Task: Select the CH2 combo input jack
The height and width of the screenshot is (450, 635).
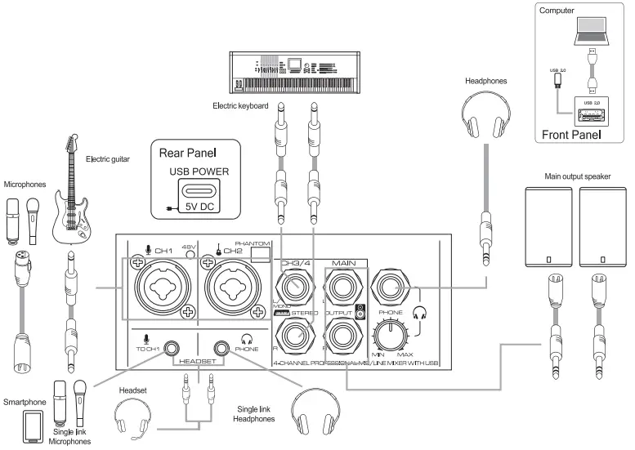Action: click(232, 288)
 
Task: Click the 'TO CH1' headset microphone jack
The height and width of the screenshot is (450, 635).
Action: click(171, 349)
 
